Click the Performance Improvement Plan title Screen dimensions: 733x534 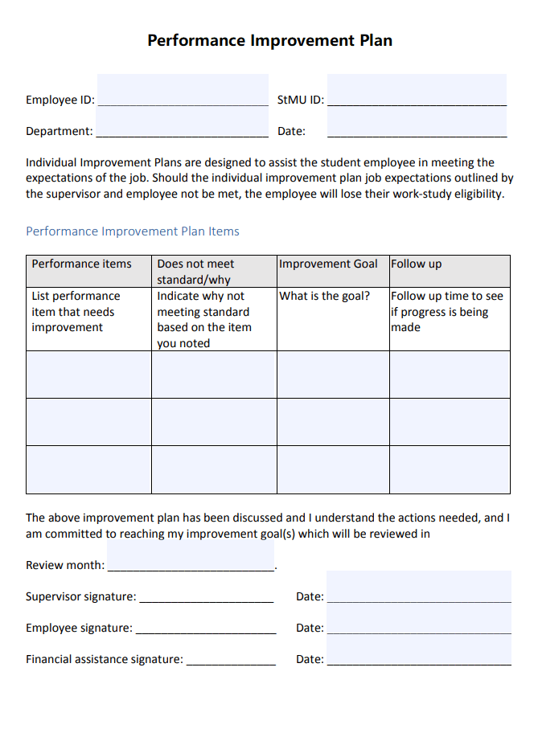tap(269, 40)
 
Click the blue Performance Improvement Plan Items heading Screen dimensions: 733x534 tap(133, 231)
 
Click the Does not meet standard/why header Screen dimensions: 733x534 tap(214, 271)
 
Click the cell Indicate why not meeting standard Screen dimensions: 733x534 tap(214, 319)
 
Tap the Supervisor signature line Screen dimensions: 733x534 tap(206, 596)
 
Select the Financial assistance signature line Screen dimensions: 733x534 tap(231, 658)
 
